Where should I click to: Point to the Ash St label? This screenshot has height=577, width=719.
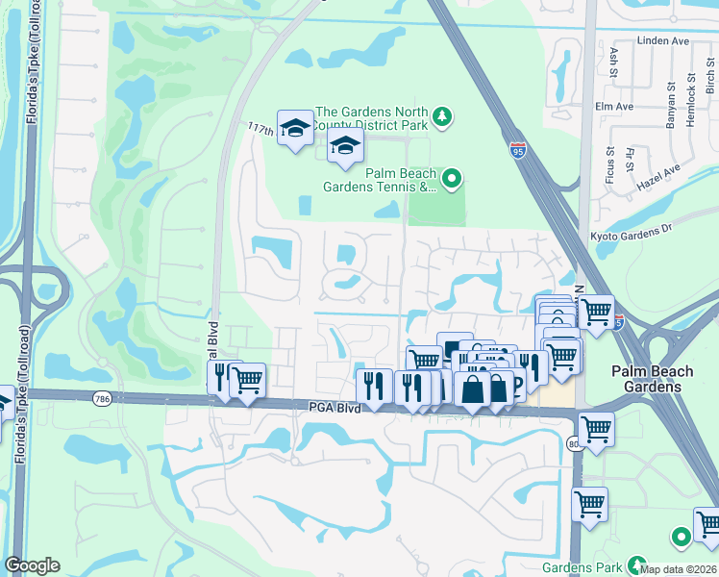click(614, 62)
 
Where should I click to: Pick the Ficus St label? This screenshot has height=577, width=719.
click(610, 164)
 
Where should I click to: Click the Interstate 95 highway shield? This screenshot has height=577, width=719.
click(518, 150)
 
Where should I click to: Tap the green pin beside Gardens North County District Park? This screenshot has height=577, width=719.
click(442, 116)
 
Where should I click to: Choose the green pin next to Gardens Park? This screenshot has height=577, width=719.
click(635, 564)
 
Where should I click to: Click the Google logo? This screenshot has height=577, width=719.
click(32, 565)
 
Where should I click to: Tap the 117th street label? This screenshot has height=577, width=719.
click(260, 127)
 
